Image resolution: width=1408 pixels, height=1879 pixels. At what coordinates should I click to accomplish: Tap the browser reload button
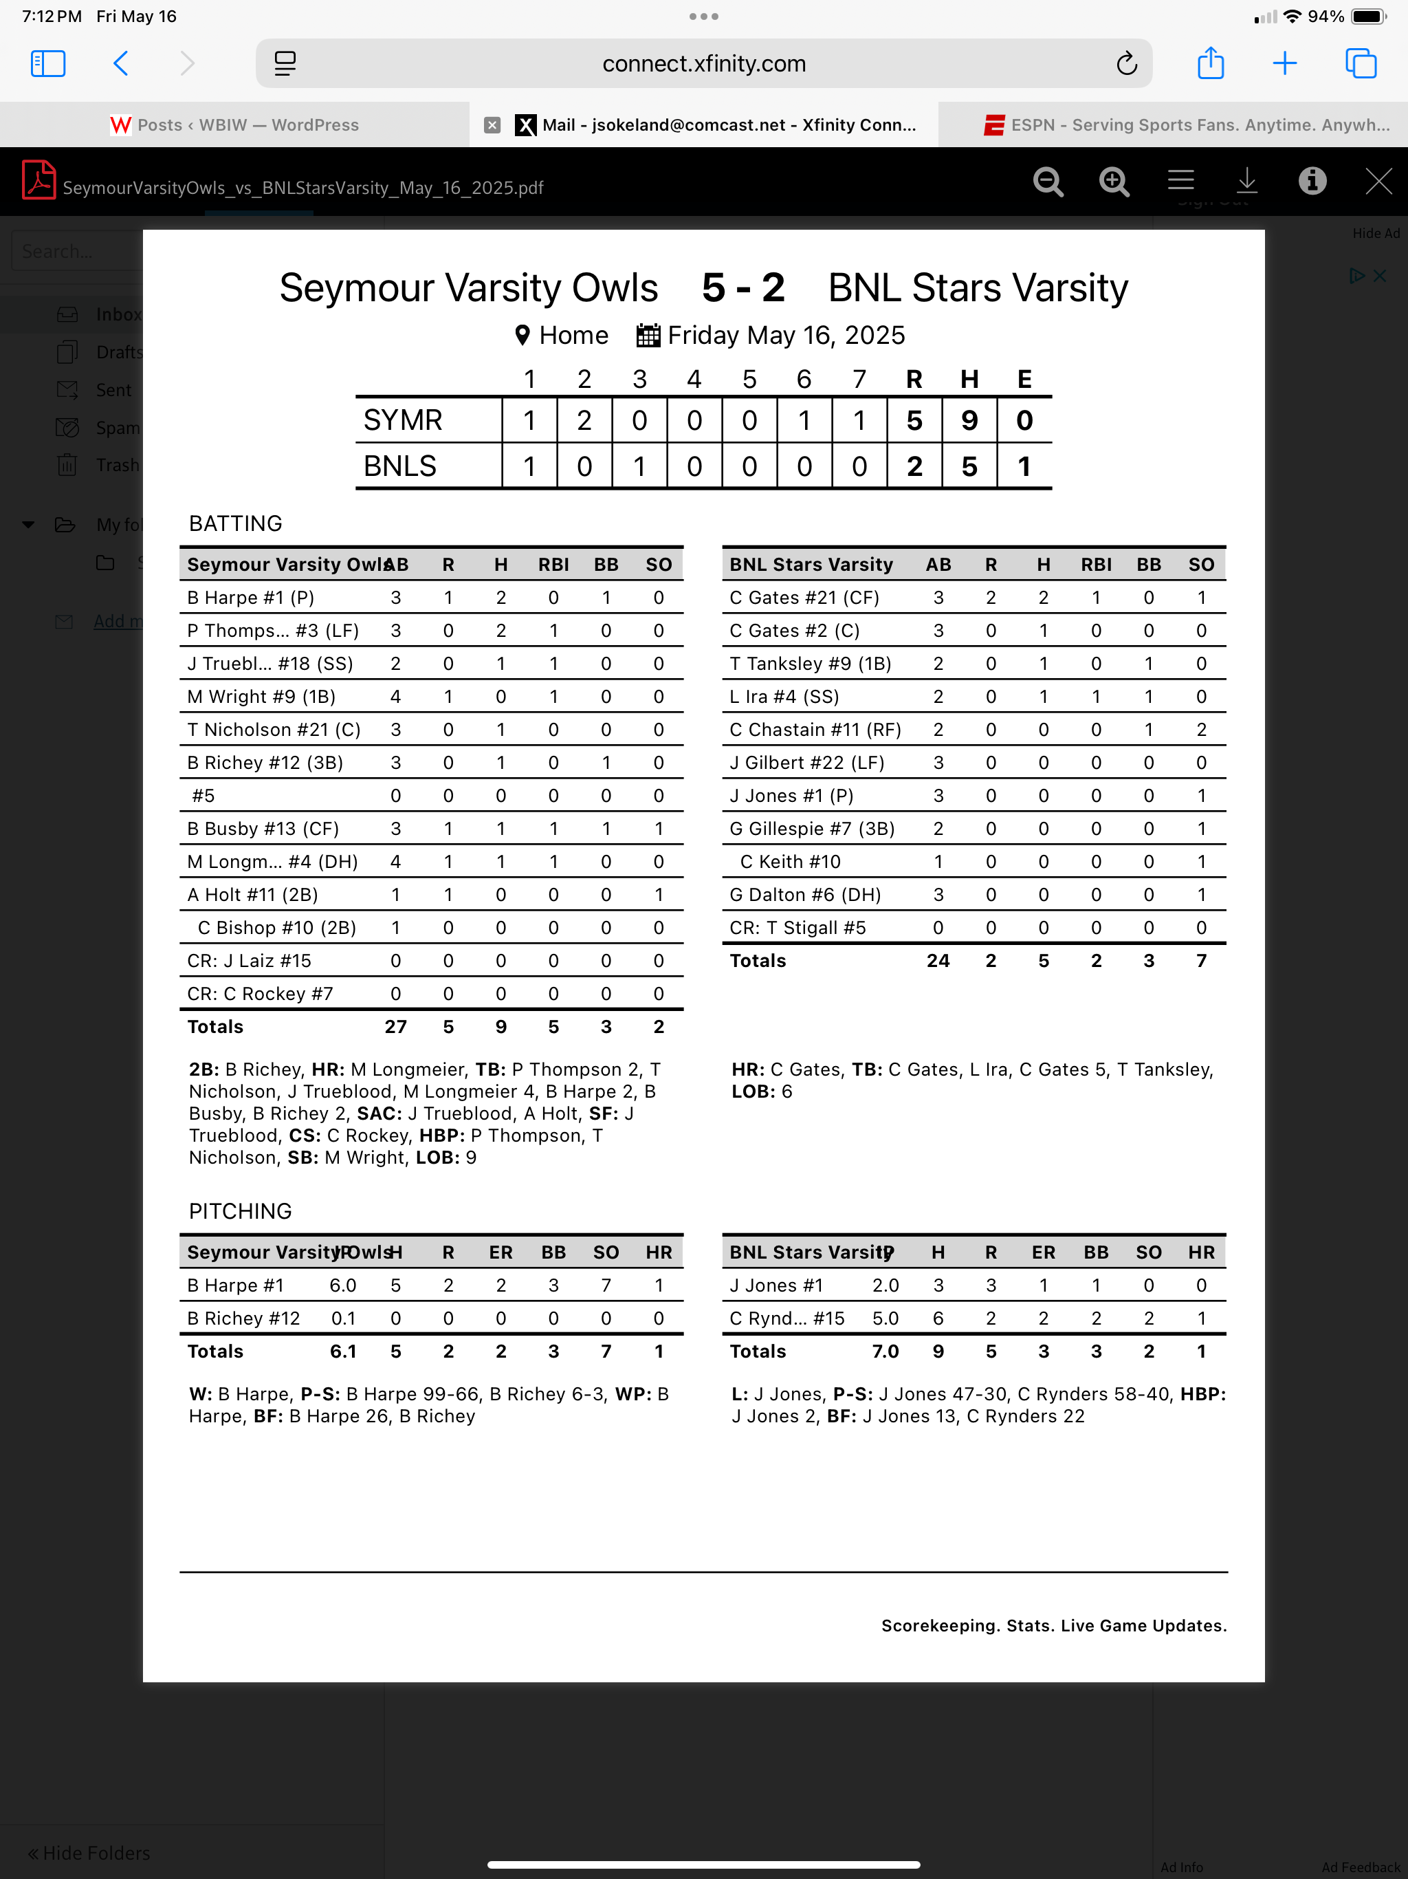(x=1126, y=64)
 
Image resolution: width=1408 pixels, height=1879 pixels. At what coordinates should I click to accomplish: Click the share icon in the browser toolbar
(x=1210, y=64)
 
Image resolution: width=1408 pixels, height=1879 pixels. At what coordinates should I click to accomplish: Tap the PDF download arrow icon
(x=1246, y=181)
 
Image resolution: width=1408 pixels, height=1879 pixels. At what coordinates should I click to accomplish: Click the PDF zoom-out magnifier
(x=1048, y=181)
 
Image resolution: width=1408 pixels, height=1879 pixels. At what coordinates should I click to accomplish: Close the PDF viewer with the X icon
(x=1378, y=181)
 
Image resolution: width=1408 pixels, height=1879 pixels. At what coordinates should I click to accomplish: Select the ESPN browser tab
(x=1187, y=125)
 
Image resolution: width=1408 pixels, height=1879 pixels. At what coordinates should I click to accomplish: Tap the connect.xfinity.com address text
(x=704, y=64)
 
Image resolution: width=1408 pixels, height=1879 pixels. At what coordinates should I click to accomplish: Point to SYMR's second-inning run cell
(x=584, y=420)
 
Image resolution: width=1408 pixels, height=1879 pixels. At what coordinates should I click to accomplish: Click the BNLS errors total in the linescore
(x=1024, y=466)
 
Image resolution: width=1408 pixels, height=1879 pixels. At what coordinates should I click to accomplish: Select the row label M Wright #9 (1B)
(x=261, y=697)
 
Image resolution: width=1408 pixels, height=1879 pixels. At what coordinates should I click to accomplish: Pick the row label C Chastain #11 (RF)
(x=815, y=730)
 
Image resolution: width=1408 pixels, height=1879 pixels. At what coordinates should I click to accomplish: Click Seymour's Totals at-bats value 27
(x=396, y=1027)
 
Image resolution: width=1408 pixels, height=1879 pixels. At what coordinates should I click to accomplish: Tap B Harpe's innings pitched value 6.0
(x=343, y=1285)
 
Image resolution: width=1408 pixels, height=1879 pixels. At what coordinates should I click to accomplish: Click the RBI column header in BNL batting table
(x=1095, y=565)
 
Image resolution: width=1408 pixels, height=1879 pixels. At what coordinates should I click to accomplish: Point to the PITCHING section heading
(x=241, y=1211)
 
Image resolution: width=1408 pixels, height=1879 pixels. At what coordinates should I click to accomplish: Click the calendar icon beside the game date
(x=648, y=336)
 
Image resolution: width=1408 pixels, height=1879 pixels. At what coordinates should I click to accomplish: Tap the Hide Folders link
(x=89, y=1853)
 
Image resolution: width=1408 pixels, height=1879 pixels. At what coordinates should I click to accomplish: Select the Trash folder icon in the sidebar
(x=67, y=466)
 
